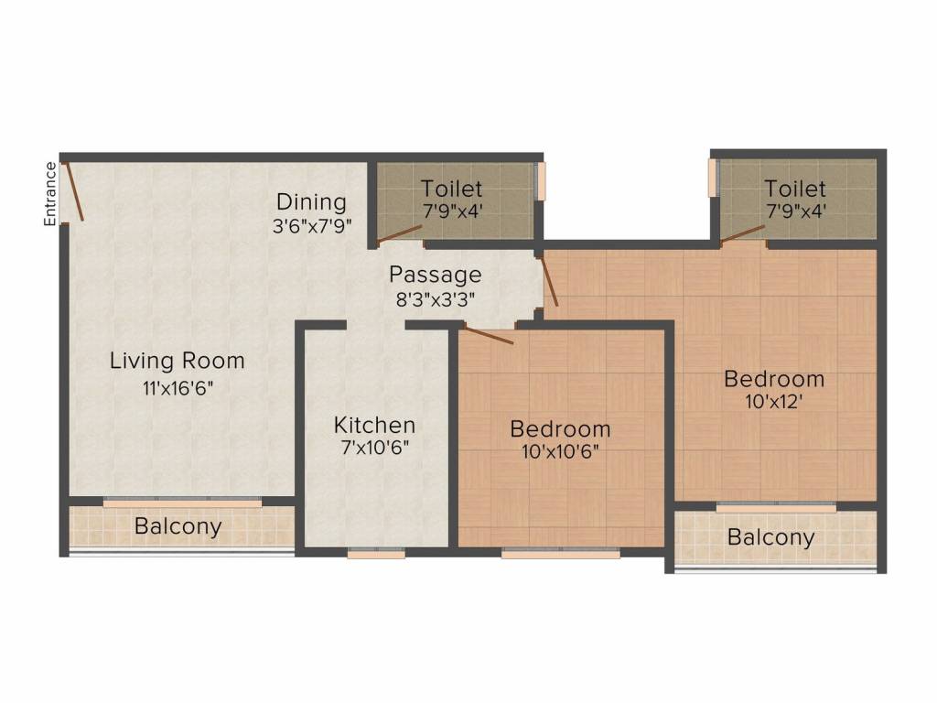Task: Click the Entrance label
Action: tap(51, 193)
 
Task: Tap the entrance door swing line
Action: tap(73, 191)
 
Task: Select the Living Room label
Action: tap(177, 360)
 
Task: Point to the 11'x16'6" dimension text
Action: tap(177, 387)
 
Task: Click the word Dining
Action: tap(311, 201)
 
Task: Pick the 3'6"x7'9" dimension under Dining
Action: tap(312, 225)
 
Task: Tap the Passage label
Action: tap(435, 274)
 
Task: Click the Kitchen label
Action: tap(374, 425)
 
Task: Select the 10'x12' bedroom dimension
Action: tap(774, 400)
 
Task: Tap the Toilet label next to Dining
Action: tap(451, 189)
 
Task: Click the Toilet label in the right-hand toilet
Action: tap(795, 189)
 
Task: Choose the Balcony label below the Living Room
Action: tap(178, 526)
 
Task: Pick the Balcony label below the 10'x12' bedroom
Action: tap(770, 537)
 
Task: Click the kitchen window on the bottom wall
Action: tap(376, 553)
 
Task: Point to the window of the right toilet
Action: tap(716, 179)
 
